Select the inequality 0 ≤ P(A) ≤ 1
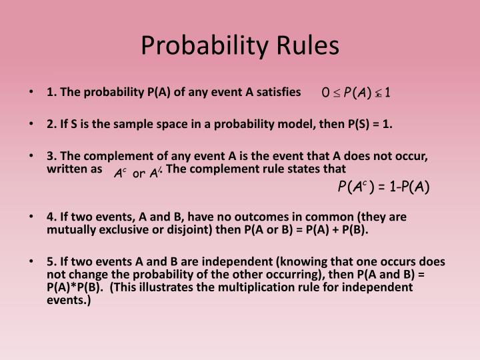click(x=356, y=92)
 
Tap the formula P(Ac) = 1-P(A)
click(x=383, y=187)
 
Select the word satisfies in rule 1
click(x=279, y=91)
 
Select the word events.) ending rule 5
click(x=68, y=300)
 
